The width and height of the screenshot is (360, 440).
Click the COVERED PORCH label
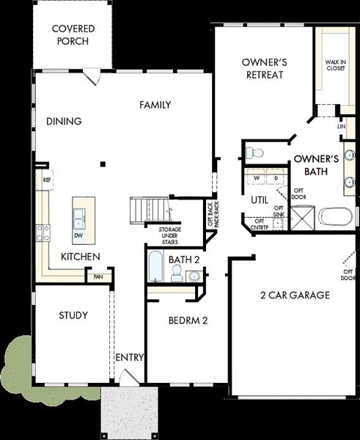[70, 34]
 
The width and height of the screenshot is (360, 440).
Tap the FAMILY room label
[155, 105]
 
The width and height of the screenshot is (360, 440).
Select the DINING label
[63, 121]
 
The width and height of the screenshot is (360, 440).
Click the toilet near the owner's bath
[254, 153]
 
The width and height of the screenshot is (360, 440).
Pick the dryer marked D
[276, 178]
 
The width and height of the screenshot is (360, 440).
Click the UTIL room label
[260, 199]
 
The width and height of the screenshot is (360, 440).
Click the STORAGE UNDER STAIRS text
[169, 235]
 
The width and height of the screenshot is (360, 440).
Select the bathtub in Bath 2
[155, 268]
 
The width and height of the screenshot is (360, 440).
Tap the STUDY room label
[73, 315]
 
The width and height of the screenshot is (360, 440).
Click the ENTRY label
[129, 357]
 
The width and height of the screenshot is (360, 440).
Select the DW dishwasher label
[78, 236]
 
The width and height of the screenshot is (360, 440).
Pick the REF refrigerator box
[46, 179]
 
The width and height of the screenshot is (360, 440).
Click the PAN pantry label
[98, 277]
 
